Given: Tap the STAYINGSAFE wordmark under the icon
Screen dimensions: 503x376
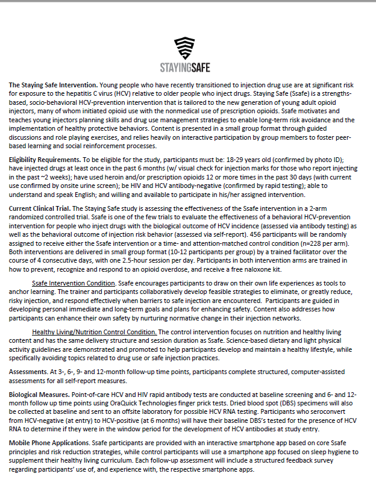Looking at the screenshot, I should (185, 67).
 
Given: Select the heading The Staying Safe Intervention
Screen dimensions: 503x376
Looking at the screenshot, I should (52, 85).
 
